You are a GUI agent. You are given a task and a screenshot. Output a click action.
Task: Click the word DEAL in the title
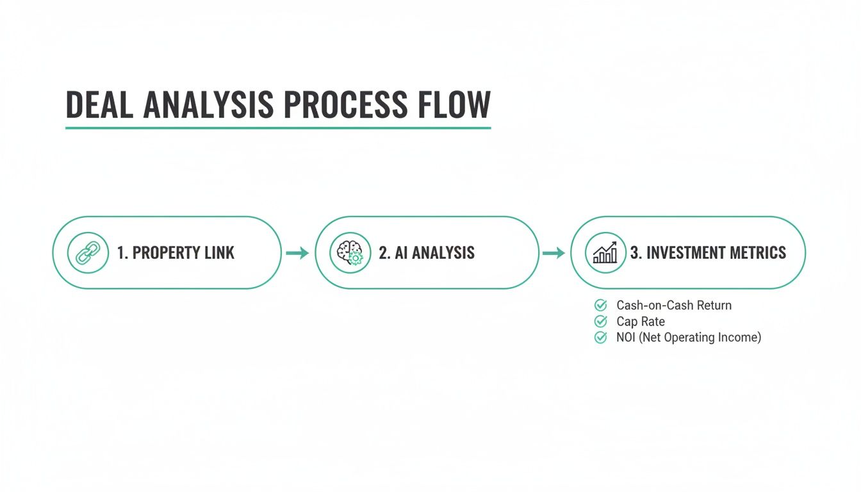coord(100,105)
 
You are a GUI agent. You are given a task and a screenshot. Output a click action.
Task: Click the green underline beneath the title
coord(278,128)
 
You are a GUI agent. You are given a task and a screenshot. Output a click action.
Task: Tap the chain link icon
coord(88,252)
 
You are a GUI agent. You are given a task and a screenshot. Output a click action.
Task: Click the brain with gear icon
coord(350,252)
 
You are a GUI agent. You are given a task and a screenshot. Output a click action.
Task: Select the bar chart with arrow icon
coord(605,252)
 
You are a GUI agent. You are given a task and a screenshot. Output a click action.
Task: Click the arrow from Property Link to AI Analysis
coord(297,253)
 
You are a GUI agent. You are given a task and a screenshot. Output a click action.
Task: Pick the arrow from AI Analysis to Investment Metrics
coord(553,253)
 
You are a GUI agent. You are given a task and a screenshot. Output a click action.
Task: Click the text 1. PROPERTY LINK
coord(176,253)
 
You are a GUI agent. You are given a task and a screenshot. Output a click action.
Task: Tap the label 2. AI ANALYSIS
coord(427,253)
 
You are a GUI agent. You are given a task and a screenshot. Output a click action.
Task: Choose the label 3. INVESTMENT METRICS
coord(708,253)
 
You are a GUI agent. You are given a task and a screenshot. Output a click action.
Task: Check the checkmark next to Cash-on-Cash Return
coord(600,306)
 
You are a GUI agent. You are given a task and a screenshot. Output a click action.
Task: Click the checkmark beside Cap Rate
coord(600,322)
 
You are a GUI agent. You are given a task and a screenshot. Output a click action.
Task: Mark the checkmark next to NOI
coord(600,338)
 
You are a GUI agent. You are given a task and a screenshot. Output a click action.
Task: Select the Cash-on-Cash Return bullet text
coord(674,306)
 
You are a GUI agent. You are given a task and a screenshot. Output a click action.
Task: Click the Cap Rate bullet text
coord(641,322)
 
